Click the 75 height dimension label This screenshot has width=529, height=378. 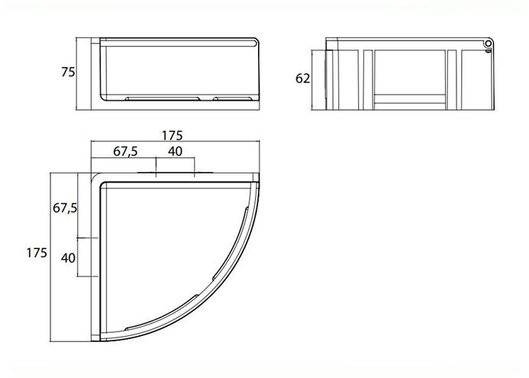(68, 73)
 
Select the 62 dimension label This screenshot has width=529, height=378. (302, 79)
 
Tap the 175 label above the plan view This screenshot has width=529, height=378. (172, 135)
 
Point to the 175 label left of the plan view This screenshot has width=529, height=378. (37, 253)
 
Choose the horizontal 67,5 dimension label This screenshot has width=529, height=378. (125, 152)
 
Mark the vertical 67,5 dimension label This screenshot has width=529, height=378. (65, 208)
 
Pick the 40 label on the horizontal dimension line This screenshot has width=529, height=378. (175, 151)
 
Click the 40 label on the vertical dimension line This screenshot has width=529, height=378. (68, 258)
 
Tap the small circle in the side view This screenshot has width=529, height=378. (488, 44)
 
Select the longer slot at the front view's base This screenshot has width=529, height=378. (163, 99)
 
